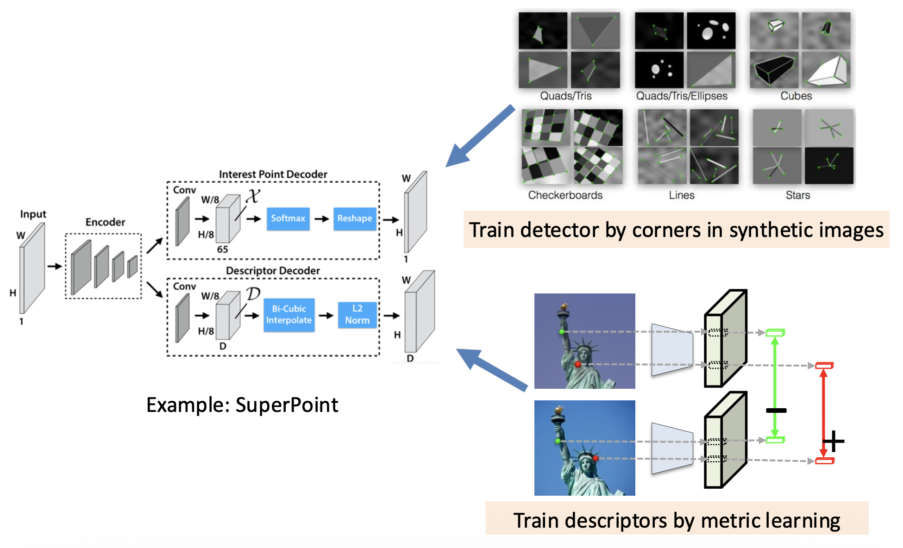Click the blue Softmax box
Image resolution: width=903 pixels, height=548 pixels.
pos(288,218)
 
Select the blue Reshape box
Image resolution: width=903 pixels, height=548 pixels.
pos(354,218)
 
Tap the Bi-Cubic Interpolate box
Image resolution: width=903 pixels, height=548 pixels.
pos(289,315)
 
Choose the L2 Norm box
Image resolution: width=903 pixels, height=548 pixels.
pos(357,315)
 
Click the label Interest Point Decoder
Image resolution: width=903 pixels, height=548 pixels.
pos(273,174)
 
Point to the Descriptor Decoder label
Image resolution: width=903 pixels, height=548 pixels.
pos(273,271)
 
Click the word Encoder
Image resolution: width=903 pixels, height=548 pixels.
pos(105,222)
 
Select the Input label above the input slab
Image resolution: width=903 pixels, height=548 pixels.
pos(33,214)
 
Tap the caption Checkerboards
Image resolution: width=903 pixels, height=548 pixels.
pos(565,195)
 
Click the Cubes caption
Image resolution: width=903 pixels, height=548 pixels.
pos(796,96)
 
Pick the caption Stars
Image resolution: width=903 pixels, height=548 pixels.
pos(797,195)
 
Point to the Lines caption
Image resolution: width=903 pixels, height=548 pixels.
pos(681,195)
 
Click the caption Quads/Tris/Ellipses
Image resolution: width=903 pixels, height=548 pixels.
pos(681,96)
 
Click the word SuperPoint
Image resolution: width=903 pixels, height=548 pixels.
pos(287,405)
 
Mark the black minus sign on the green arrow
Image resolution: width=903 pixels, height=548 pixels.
pos(776,411)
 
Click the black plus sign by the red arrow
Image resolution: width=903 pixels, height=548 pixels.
pos(834,441)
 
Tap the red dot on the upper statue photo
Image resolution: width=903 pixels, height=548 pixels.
pos(578,365)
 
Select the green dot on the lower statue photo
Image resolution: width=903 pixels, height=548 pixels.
pos(558,441)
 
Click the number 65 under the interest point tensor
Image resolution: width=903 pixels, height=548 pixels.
pos(223,249)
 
